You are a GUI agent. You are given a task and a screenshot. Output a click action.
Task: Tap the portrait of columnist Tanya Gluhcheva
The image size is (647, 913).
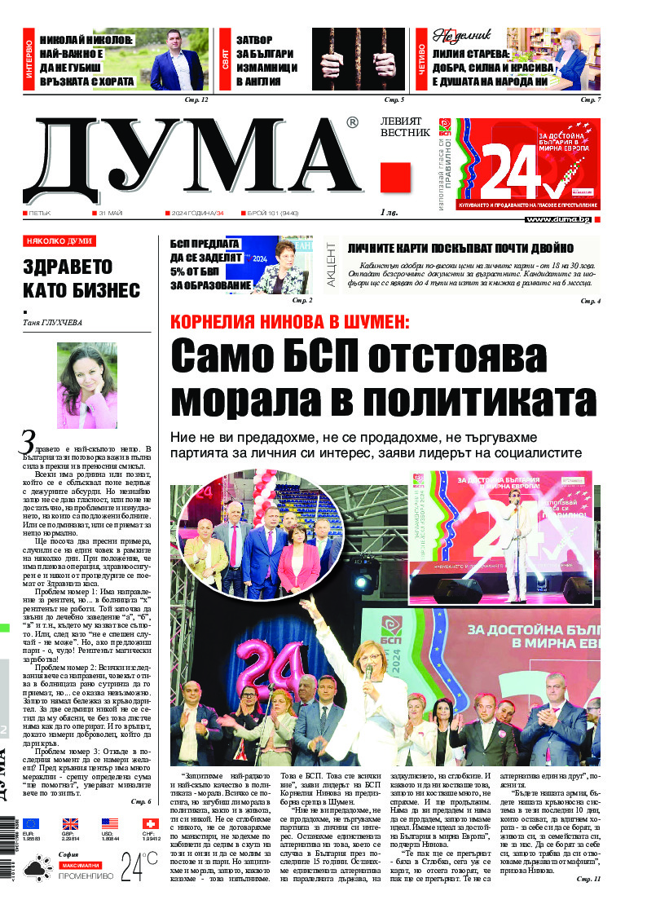87,385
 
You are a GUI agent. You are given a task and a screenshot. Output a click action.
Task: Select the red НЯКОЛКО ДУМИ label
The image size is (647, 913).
59,241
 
